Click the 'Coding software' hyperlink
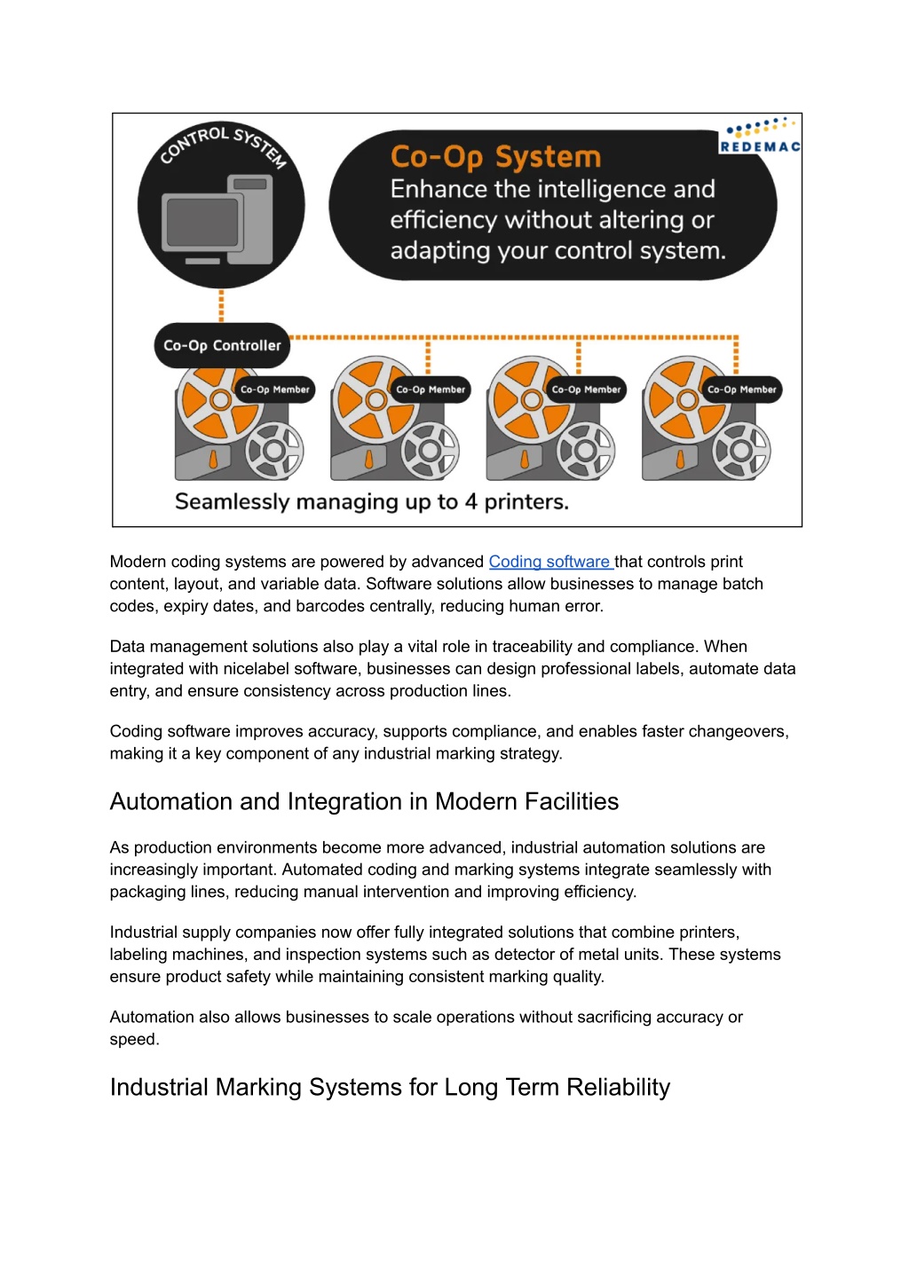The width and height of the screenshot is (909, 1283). pos(549,562)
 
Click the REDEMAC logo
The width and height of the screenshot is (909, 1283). pos(760,138)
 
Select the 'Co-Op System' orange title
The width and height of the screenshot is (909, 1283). pos(495,157)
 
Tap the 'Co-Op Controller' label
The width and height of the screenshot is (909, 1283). pos(222,345)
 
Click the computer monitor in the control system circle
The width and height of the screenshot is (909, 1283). pos(202,223)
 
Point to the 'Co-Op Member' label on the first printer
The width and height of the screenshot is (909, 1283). pos(275,390)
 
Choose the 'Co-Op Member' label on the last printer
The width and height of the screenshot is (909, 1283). pos(741,390)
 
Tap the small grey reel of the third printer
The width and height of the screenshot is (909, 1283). pos(584,451)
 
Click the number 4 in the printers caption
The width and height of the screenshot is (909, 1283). pos(470,502)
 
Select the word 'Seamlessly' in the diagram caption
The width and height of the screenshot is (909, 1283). pos(232,502)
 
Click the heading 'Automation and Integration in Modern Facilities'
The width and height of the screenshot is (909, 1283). pos(364,801)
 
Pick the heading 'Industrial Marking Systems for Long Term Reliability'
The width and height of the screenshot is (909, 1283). pos(390,1087)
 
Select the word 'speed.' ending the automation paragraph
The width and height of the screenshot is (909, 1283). pos(134,1039)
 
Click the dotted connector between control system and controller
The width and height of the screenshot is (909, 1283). pos(221,305)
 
